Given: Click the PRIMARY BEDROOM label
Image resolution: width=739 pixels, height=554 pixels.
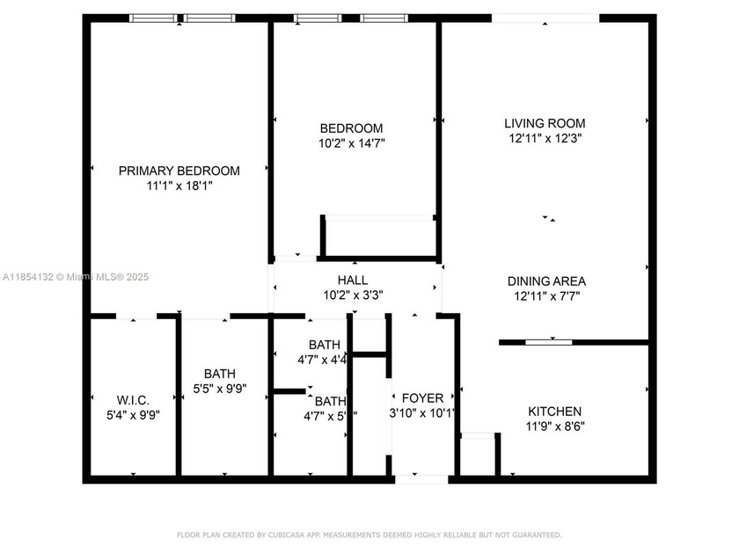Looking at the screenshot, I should click(x=179, y=171).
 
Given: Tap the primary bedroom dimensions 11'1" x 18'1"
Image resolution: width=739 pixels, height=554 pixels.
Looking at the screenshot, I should click(x=179, y=186).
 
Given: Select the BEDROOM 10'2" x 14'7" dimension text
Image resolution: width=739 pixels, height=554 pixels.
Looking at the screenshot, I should click(x=352, y=142).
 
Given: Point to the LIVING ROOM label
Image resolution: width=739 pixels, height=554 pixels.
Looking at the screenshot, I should click(x=545, y=123).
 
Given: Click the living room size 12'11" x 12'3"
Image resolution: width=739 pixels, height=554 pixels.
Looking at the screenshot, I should click(x=545, y=138).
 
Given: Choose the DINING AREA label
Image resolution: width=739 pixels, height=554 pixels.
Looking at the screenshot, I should click(x=546, y=281).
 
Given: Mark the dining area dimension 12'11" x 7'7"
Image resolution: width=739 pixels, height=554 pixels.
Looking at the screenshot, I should click(x=546, y=296).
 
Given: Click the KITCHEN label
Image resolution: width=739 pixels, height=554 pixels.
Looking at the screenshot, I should click(x=554, y=412).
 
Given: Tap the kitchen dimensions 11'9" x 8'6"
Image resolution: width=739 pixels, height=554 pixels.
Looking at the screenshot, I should click(x=554, y=426).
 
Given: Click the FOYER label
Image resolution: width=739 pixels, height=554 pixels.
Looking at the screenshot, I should click(x=422, y=398).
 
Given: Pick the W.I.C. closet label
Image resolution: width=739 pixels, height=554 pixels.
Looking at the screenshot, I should click(x=133, y=399).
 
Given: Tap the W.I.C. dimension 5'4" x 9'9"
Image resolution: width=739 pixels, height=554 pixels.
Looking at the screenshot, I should click(x=133, y=414).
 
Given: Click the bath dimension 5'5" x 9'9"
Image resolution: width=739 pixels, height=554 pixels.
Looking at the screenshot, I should click(x=220, y=388).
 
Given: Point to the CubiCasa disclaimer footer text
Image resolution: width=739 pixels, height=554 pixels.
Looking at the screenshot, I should click(x=369, y=535).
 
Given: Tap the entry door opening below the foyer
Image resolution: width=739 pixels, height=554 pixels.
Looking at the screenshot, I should click(x=421, y=479).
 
